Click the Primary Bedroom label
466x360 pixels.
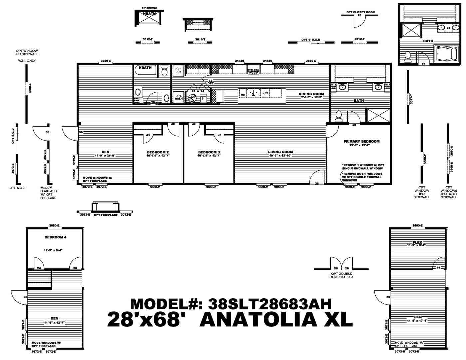361,141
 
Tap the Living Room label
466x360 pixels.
280,152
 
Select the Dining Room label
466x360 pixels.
311,94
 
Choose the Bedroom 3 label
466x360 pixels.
209,152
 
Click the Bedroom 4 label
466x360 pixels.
55,237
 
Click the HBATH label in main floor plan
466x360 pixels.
145,68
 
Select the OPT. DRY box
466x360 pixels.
178,70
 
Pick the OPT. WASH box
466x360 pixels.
178,97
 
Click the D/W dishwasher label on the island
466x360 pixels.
265,93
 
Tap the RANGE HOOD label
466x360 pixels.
253,70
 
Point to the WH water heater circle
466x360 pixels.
192,98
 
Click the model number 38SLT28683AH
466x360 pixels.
269,303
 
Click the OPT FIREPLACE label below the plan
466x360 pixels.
106,215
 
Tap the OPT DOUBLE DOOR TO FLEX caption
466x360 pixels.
341,275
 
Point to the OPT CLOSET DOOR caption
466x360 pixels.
360,12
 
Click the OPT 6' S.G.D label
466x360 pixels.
310,40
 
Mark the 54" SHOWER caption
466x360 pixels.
149,8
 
